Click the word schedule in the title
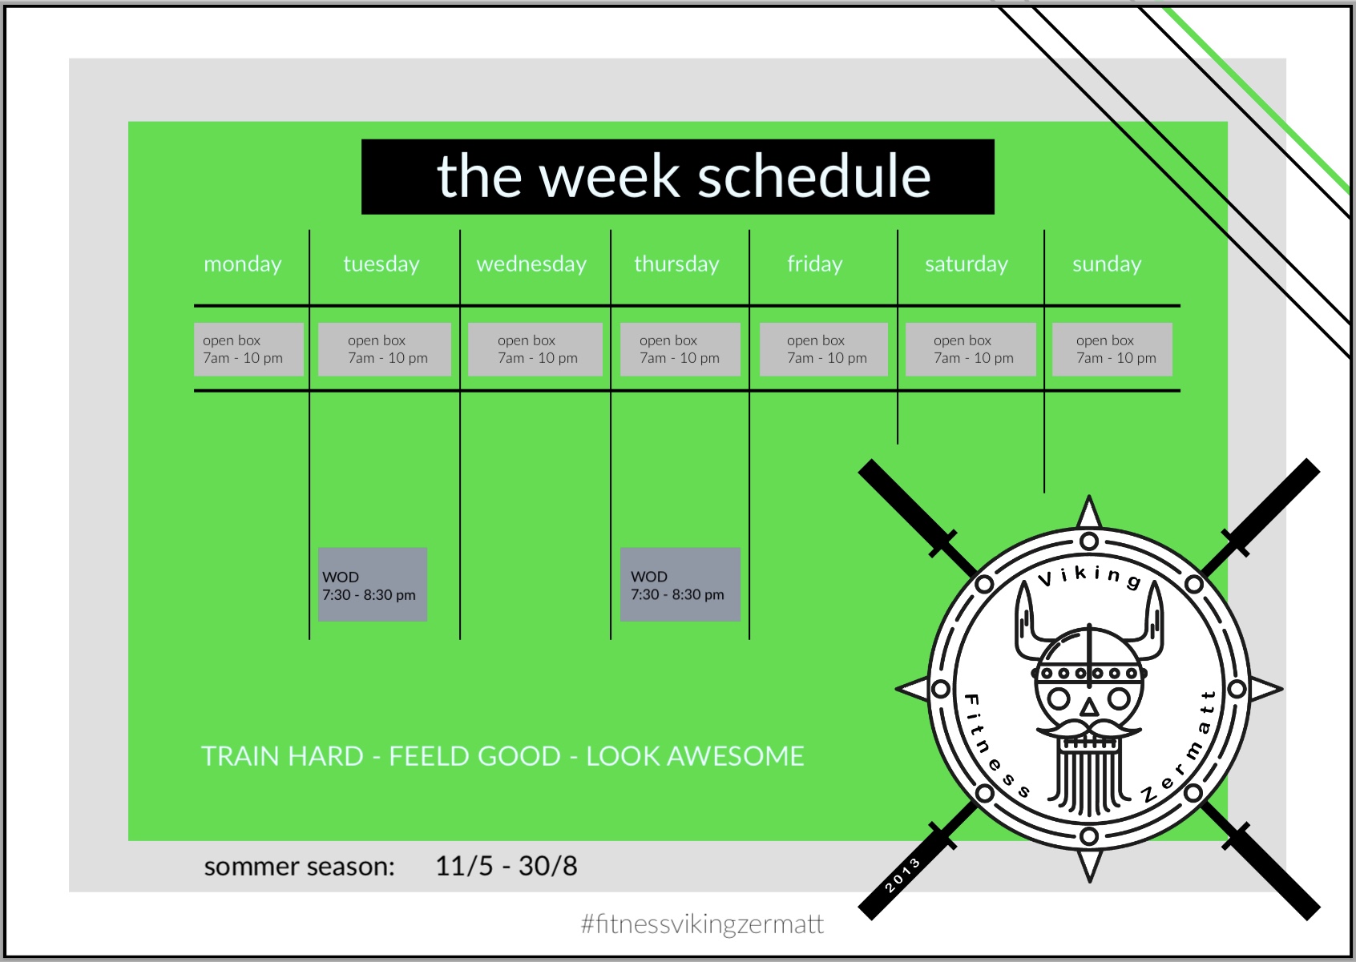click(814, 176)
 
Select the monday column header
click(243, 264)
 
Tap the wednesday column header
click(531, 264)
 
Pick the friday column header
click(815, 264)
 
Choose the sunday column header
click(1107, 264)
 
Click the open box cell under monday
click(248, 349)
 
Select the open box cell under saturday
click(971, 349)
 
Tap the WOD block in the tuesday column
click(373, 585)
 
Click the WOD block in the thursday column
click(680, 585)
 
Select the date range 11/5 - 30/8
click(506, 866)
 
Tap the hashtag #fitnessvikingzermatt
click(702, 924)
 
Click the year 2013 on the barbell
click(902, 875)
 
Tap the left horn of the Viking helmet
click(1028, 620)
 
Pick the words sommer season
click(300, 867)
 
